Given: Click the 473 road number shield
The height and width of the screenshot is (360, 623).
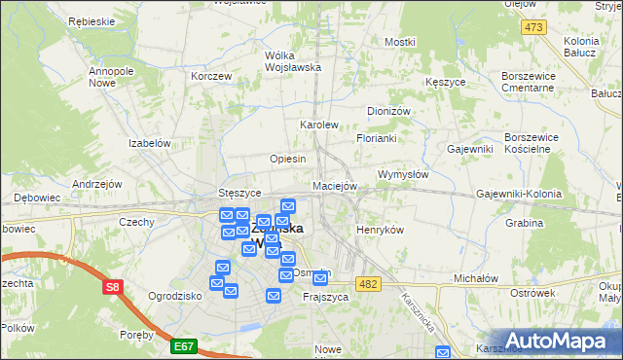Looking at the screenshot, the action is tap(532, 26).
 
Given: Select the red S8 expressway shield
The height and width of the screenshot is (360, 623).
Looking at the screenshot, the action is tap(114, 287).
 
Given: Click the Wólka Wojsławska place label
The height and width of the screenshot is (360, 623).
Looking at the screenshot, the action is tap(293, 61).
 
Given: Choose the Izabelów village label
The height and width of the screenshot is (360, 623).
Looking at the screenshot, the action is tap(150, 143).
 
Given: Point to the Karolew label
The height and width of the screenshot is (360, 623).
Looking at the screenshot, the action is tap(318, 126).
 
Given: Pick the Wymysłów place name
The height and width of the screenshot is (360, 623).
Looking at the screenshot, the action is tap(402, 174).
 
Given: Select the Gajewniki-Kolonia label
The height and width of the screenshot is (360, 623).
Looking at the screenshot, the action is tap(519, 194).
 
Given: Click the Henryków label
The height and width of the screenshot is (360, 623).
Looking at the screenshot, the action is tap(380, 230).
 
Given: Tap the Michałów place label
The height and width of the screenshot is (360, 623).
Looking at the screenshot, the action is tap(476, 278).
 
